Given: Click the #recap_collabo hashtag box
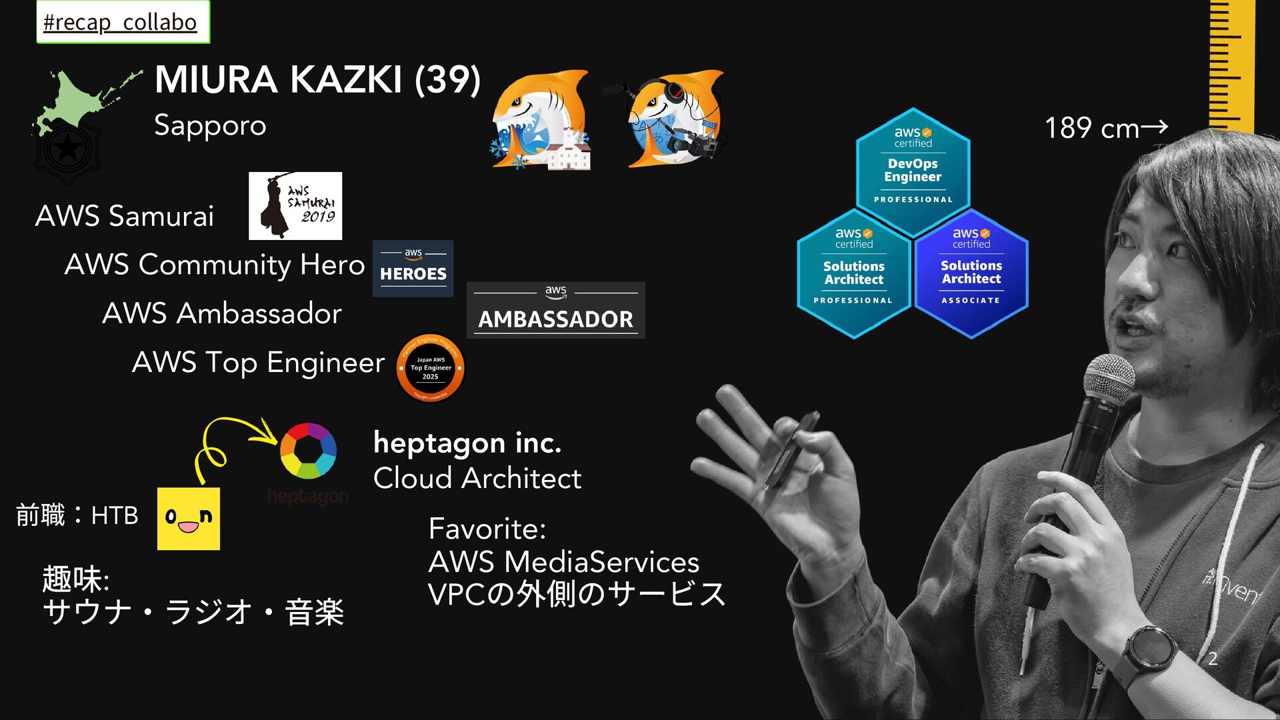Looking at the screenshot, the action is tap(123, 22).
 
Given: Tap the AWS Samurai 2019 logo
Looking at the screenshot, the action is tap(295, 206).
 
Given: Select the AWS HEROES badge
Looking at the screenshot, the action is tap(413, 269).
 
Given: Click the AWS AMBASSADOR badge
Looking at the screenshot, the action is tap(555, 311).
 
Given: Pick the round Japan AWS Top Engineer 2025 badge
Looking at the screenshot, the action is tap(430, 368).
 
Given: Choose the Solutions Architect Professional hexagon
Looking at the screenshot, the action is tap(853, 273).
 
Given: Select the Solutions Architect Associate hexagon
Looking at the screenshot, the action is tap(971, 273).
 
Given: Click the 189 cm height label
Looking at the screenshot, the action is tap(1105, 128).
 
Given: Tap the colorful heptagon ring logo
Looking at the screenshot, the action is tap(308, 451).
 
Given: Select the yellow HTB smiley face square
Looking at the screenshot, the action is tap(189, 519).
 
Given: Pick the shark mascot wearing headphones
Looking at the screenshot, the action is tap(673, 119).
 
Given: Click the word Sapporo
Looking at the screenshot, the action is tap(210, 125).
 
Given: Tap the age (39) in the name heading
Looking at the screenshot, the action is tap(447, 80).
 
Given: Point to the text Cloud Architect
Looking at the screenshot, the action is tap(477, 478).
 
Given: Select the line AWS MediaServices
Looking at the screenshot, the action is tap(563, 561).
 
